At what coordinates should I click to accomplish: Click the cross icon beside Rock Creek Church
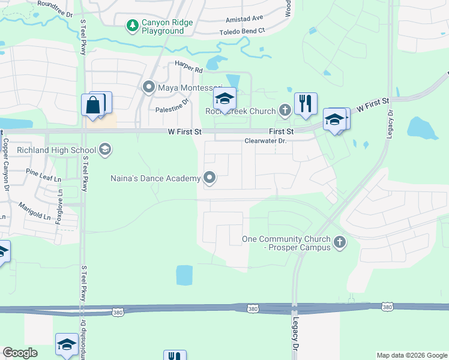tap(285, 110)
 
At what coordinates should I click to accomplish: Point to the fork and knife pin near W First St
tap(306, 103)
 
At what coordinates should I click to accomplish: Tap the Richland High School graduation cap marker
tap(105, 149)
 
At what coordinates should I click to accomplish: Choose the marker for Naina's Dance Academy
tap(209, 178)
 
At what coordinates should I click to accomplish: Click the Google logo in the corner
tap(20, 353)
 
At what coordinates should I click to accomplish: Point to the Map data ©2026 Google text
tap(411, 355)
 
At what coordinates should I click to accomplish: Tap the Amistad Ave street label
tap(244, 19)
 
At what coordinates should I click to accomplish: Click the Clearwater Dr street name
tap(266, 141)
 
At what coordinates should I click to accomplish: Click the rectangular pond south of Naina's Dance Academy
tap(184, 275)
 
